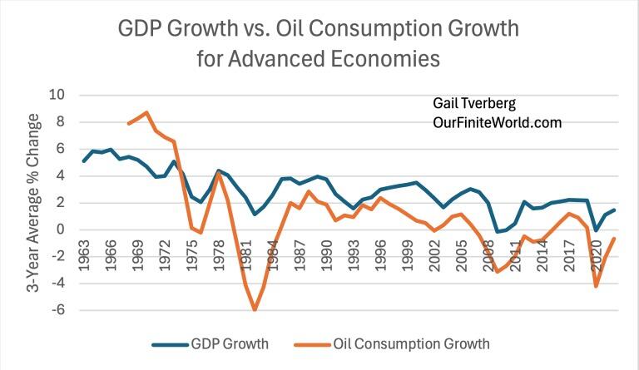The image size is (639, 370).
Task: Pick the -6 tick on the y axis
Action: [x=58, y=310]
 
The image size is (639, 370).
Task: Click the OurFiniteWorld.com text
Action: [x=491, y=122]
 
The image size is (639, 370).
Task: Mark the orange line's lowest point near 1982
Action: [x=255, y=309]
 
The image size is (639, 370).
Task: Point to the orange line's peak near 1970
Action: [x=147, y=112]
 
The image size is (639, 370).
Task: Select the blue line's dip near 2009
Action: [x=498, y=232]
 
